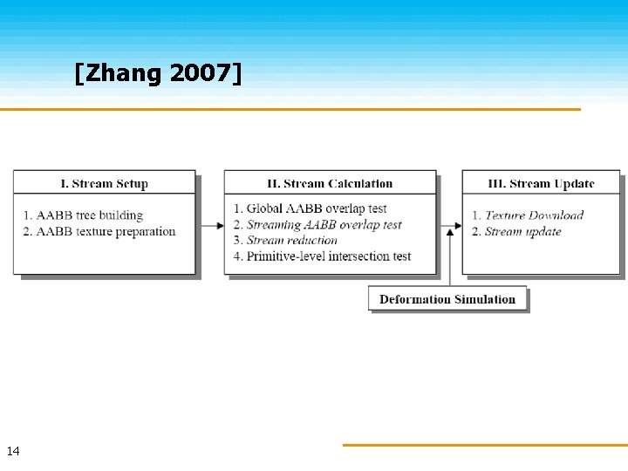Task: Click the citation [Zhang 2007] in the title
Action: coord(158,74)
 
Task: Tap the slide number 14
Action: coord(13,451)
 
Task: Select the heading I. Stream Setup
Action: coord(104,183)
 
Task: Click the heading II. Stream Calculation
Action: coord(330,183)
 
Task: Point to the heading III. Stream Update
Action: coord(541,183)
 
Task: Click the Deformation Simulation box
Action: coord(447,299)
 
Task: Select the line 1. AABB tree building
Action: coord(83,215)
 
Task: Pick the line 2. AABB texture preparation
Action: coord(99,231)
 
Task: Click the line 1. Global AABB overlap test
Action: coord(310,208)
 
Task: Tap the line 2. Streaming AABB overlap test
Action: coord(317,224)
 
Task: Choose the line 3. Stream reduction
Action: coord(285,240)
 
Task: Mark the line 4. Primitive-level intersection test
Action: coord(322,256)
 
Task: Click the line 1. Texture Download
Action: coord(528,215)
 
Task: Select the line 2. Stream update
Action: coord(516,231)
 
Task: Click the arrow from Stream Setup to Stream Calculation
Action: coord(210,226)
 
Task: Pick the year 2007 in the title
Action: coord(202,74)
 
